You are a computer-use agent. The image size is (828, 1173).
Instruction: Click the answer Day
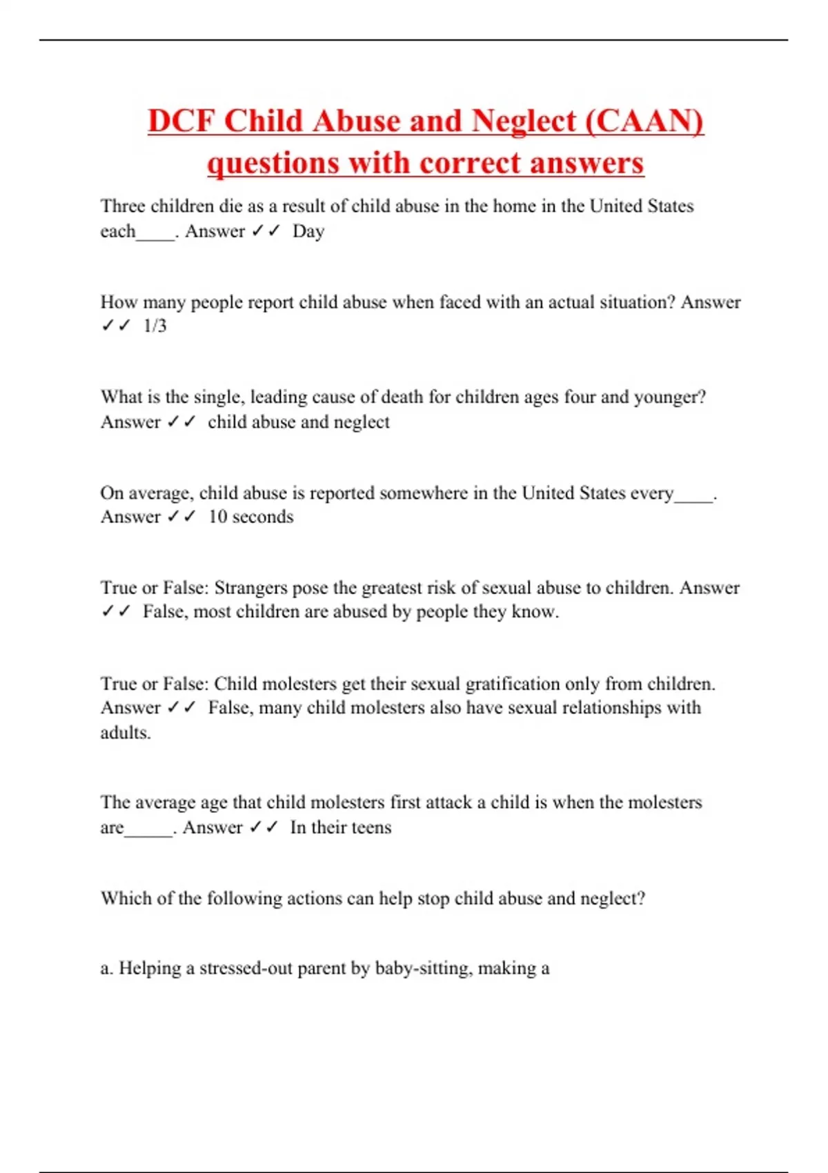click(308, 231)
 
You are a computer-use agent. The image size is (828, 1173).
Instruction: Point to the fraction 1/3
click(155, 326)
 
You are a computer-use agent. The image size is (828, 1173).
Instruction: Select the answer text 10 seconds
click(250, 517)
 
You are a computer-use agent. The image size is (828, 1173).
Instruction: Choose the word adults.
click(125, 733)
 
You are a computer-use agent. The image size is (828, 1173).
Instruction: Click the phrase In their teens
click(340, 827)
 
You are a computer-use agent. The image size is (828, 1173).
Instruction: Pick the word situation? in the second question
click(633, 302)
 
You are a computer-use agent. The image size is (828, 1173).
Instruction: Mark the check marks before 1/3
click(115, 326)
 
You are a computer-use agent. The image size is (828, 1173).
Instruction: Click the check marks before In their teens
click(263, 827)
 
